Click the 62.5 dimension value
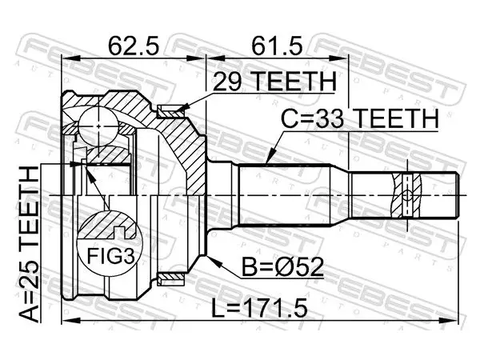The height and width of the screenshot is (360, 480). tap(134, 46)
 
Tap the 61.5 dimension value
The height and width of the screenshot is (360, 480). tap(277, 46)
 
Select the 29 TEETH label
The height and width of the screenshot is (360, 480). tap(274, 81)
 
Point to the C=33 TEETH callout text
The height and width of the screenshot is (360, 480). tap(360, 119)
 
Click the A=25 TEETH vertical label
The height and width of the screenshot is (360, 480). tap(30, 244)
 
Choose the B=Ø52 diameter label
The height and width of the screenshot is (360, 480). tap(282, 267)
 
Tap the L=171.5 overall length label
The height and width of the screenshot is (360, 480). tap(259, 308)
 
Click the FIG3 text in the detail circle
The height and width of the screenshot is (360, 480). tap(110, 256)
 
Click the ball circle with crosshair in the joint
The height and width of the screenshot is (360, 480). tap(98, 126)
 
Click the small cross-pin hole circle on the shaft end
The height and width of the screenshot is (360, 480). tap(407, 195)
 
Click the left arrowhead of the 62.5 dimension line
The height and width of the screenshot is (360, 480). tap(70, 58)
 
